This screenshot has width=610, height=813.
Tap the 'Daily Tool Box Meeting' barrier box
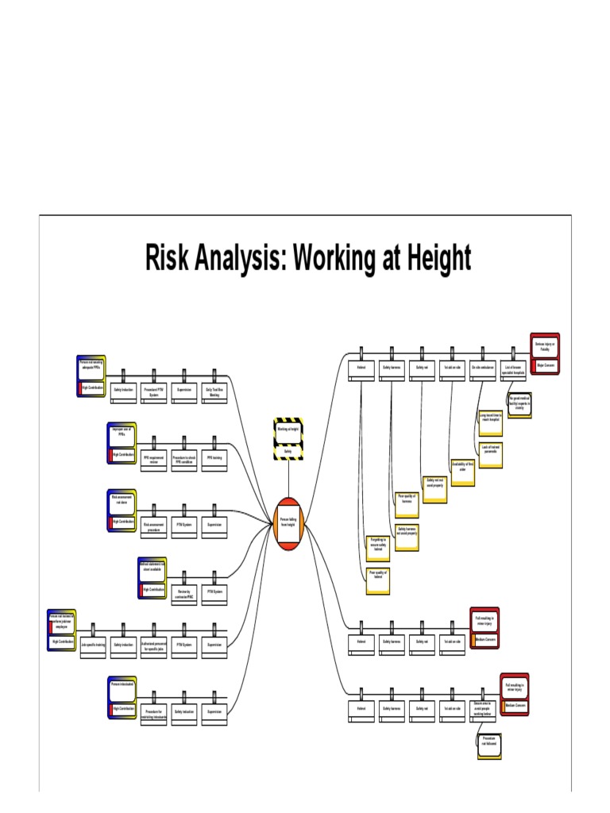[214, 392]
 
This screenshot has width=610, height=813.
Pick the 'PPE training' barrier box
[214, 459]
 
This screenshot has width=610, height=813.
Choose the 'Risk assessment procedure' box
[153, 526]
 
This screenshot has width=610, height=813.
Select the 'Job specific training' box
[93, 646]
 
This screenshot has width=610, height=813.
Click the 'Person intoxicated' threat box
[122, 684]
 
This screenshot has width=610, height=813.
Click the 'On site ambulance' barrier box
[483, 369]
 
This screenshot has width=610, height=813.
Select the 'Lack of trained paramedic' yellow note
[490, 450]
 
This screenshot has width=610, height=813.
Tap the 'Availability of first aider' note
[462, 466]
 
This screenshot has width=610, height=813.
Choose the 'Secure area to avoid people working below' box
[483, 709]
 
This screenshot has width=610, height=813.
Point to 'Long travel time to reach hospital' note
[490, 418]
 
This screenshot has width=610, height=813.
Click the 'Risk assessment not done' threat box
[122, 501]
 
